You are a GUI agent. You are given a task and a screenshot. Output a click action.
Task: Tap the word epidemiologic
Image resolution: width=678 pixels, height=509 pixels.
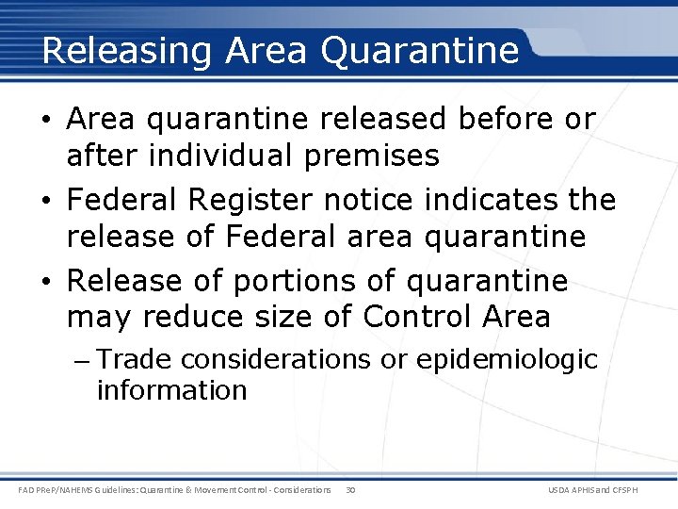click(508, 360)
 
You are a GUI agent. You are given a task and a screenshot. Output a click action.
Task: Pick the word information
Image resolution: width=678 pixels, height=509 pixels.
click(171, 389)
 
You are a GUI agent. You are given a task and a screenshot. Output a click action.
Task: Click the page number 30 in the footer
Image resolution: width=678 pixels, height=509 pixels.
click(350, 489)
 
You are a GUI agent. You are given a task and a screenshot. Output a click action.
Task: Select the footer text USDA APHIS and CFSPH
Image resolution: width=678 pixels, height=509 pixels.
click(605, 489)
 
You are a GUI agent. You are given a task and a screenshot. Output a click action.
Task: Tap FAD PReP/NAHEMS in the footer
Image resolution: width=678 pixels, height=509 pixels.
click(59, 489)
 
